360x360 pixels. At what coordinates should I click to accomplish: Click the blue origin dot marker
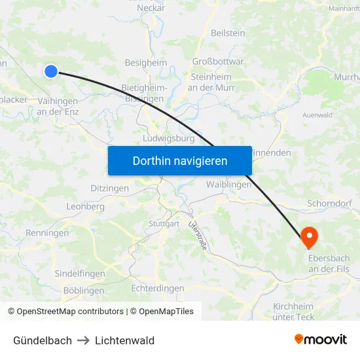point(51,71)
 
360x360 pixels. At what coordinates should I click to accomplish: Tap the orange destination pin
point(308,237)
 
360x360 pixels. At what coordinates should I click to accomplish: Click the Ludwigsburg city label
point(169,139)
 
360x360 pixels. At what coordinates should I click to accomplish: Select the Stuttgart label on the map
point(164,224)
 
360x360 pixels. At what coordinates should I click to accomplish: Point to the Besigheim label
point(146,63)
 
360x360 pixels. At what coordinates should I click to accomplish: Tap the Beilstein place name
point(228,33)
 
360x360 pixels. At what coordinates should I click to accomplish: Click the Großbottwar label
point(218,62)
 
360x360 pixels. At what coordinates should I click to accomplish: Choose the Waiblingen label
point(228,185)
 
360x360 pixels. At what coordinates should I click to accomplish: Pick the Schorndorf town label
point(329,204)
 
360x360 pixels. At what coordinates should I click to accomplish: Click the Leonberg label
point(85,206)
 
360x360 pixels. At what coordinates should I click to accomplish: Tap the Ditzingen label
point(109,189)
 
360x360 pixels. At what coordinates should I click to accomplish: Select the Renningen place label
point(47,233)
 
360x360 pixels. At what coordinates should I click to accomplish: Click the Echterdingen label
point(157,288)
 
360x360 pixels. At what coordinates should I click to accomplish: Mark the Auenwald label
point(317,115)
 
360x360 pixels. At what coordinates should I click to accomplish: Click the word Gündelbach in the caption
point(43,340)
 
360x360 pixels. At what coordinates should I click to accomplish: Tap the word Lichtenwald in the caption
point(124,340)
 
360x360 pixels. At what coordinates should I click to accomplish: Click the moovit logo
point(320,339)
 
